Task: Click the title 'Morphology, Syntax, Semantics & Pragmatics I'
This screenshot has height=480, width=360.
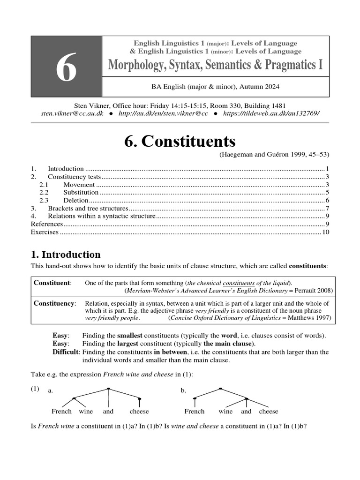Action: point(215,65)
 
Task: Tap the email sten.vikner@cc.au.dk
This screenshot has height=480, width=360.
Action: point(72,114)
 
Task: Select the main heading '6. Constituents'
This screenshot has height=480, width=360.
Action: point(180,141)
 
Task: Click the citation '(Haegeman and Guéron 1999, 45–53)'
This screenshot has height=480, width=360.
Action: point(274,155)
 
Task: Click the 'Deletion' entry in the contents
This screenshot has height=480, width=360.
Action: point(75,200)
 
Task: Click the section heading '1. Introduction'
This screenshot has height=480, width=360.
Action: point(66,255)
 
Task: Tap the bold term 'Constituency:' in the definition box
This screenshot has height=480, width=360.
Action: point(54,303)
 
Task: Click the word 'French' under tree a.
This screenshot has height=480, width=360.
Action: point(61,412)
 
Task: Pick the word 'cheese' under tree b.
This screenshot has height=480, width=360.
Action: point(269,412)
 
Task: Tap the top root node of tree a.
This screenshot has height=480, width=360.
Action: point(108,389)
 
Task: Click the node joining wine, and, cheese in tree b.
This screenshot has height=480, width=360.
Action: point(246,399)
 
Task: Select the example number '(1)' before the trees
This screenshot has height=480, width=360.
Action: point(35,389)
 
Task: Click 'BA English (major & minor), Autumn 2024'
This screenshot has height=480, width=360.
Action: point(215,86)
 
